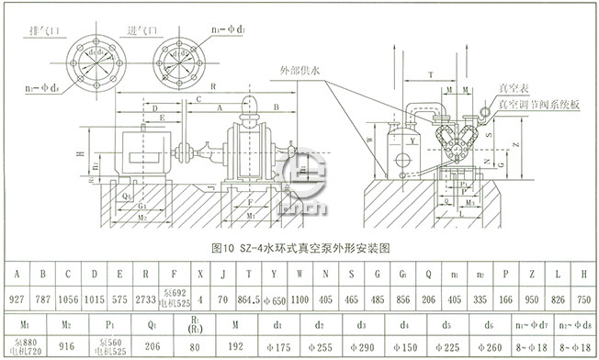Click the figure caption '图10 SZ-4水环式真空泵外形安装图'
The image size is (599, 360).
[x=301, y=248]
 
